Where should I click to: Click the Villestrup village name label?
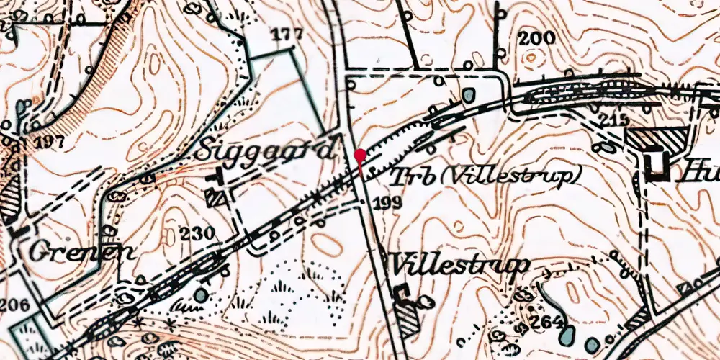(459, 265)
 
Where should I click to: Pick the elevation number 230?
(198, 233)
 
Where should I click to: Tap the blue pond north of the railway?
(469, 94)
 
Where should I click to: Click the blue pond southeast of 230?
(200, 295)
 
